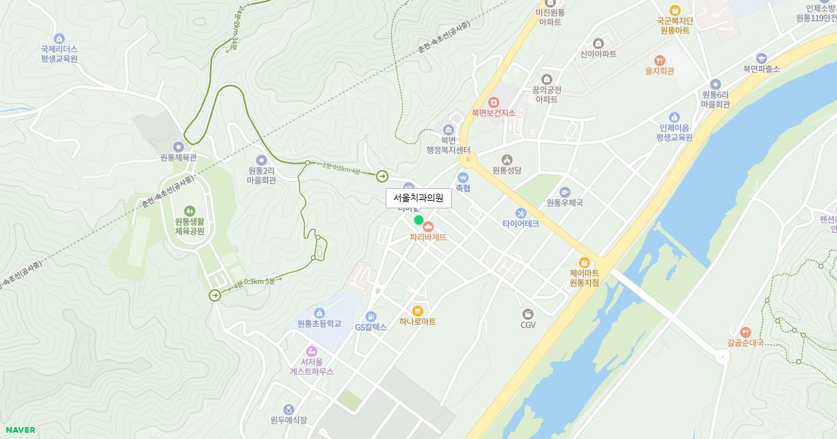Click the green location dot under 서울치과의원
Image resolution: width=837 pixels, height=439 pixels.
coord(418,220)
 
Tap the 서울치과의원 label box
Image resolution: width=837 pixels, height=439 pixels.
coord(418,198)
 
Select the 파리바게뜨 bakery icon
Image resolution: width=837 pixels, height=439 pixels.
coord(428,226)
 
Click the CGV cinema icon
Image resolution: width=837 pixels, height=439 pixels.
coord(528,313)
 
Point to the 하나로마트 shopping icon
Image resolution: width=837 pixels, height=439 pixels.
coord(418,311)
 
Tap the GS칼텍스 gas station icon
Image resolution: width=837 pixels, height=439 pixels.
coord(370,316)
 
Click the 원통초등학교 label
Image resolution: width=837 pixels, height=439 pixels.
coord(319,323)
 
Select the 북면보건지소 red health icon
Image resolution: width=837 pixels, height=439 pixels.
coord(494,102)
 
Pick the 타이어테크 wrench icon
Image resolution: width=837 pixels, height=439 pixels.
coord(520,213)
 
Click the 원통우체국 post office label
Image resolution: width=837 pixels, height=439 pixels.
coord(564,203)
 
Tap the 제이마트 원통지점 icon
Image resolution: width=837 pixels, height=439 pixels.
coord(585,263)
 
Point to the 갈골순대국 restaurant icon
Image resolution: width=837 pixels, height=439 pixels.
coord(745,332)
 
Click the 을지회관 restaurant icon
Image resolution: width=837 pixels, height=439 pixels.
coord(659,60)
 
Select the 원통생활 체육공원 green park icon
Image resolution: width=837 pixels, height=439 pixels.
coord(189,210)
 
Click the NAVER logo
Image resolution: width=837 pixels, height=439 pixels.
coord(20,430)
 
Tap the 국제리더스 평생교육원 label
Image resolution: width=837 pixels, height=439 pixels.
coord(59,54)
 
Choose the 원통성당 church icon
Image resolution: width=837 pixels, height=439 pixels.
coord(506,159)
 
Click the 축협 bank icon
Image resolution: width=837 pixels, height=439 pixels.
coord(463,177)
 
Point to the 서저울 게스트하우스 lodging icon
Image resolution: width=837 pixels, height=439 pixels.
coord(312,351)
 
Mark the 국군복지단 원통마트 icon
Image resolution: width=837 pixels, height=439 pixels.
coord(674,10)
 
